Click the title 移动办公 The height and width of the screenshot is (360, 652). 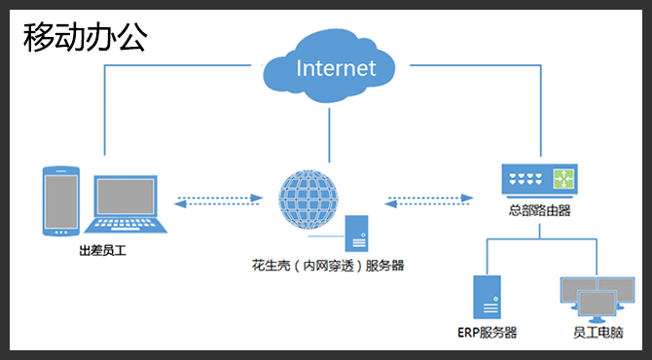pyautogui.click(x=86, y=36)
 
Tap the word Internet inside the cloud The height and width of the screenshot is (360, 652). pyautogui.click(x=335, y=68)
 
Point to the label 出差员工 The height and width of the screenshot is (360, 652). pyautogui.click(x=101, y=250)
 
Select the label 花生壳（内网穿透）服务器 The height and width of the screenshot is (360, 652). pyautogui.click(x=327, y=265)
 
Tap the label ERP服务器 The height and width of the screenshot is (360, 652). pyautogui.click(x=486, y=333)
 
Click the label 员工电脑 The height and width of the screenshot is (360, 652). pyautogui.click(x=594, y=333)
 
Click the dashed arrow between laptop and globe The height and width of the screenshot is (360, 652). pyautogui.click(x=219, y=202)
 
